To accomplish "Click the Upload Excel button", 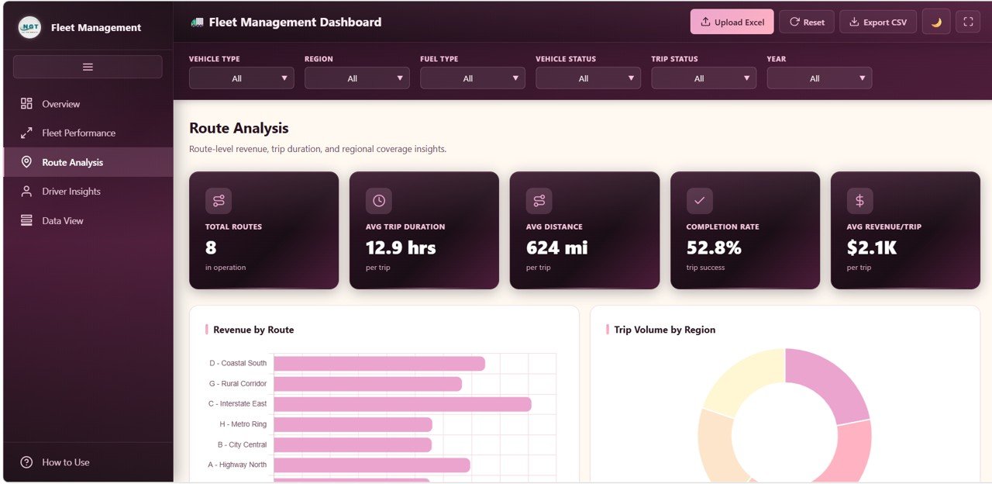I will (x=732, y=22).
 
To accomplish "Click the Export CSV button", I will (x=877, y=22).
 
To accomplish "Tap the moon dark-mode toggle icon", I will (x=936, y=22).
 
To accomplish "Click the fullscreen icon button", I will (x=967, y=22).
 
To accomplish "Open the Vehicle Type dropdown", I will (x=241, y=78).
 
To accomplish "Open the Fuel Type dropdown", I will (x=472, y=78).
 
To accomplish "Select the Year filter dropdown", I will (x=818, y=78).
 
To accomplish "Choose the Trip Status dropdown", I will (x=703, y=78).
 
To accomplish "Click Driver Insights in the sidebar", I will (x=71, y=192).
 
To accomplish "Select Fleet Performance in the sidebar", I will (x=78, y=133).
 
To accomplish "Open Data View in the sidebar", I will (x=62, y=221).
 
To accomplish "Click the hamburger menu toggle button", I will (x=88, y=67).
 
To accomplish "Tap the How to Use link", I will (x=65, y=462).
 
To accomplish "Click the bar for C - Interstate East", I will (x=402, y=404).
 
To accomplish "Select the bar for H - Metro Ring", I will (x=353, y=424).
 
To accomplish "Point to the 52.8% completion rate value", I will (x=714, y=247).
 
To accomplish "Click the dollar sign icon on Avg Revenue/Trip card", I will (x=859, y=201).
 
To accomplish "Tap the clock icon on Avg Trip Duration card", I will (x=378, y=201).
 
